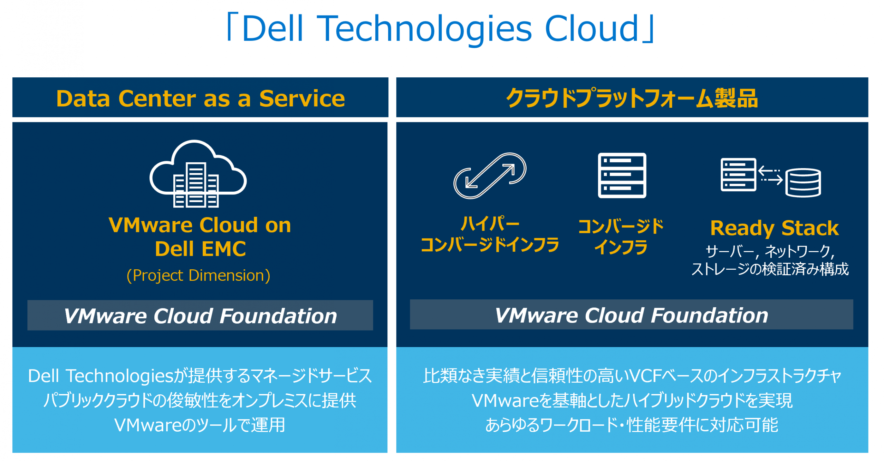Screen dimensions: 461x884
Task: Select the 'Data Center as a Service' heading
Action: tap(200, 98)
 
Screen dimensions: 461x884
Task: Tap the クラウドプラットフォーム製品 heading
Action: tap(632, 98)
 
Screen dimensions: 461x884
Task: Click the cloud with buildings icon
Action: tap(198, 174)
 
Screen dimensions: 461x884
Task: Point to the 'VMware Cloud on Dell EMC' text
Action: tap(200, 237)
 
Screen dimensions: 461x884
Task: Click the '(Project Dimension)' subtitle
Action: tap(198, 276)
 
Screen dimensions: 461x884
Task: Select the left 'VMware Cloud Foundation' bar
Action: tap(200, 316)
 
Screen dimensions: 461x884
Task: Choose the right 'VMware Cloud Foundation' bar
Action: tap(631, 315)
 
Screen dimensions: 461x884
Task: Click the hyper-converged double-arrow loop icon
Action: tap(490, 176)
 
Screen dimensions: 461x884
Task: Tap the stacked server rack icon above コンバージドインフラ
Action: tap(622, 175)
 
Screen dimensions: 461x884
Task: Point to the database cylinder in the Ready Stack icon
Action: tap(803, 182)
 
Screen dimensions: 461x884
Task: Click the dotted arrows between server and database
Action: tap(770, 175)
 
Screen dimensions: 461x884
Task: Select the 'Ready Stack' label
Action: tap(774, 228)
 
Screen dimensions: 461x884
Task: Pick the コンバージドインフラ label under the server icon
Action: tap(621, 237)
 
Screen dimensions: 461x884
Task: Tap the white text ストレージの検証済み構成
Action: tap(770, 269)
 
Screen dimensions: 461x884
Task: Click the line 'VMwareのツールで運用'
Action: tap(200, 425)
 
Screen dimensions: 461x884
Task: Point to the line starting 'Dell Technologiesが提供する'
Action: tap(200, 376)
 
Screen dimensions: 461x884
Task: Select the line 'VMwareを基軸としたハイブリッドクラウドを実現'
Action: tap(632, 401)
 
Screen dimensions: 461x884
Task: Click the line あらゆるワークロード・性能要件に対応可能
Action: tap(632, 425)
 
